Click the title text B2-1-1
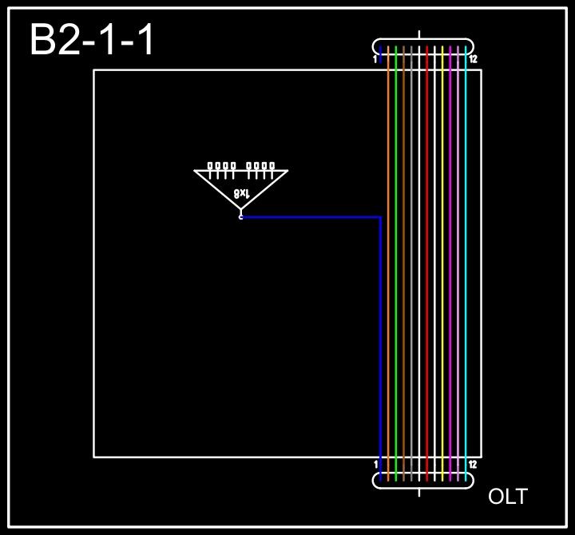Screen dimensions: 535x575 click(x=92, y=40)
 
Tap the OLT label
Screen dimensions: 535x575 click(x=507, y=497)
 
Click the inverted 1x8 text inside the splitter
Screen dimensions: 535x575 click(x=242, y=193)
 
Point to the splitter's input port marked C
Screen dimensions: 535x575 click(x=240, y=216)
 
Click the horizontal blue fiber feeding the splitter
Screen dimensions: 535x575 click(x=311, y=216)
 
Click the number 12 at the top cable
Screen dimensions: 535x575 click(x=474, y=60)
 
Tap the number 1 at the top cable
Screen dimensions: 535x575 click(x=375, y=60)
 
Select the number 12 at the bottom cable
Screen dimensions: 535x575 click(x=474, y=465)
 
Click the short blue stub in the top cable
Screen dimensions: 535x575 click(x=381, y=53)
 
